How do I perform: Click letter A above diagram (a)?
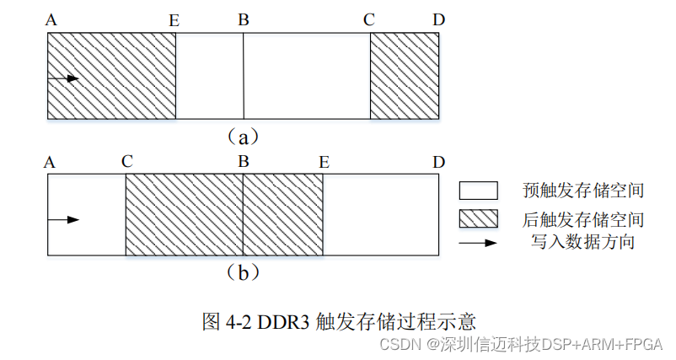[52, 19]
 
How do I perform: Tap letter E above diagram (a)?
[174, 20]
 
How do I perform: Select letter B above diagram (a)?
[244, 19]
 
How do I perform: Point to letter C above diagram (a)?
[369, 19]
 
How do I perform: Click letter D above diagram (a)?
[438, 19]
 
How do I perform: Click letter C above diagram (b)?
[126, 161]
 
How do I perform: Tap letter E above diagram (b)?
[324, 161]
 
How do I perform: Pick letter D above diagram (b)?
[438, 161]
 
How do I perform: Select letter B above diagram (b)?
[244, 161]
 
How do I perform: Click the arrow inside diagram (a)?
[63, 78]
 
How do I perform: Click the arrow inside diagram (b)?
[63, 220]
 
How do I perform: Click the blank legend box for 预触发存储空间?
[477, 191]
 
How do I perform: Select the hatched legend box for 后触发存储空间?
[477, 218]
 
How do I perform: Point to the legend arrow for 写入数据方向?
[477, 243]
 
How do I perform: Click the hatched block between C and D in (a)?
[405, 76]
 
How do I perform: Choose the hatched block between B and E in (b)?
[282, 215]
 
